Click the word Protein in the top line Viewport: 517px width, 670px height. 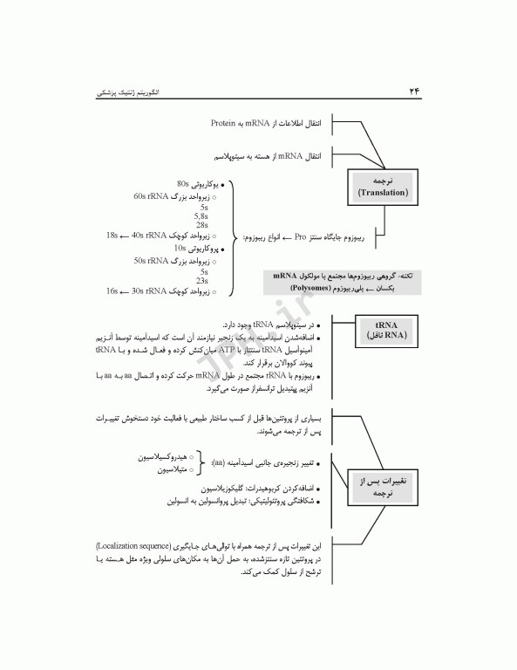click(x=225, y=123)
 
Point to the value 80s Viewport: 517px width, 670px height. click(x=183, y=185)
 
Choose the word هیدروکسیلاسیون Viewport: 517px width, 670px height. click(x=165, y=457)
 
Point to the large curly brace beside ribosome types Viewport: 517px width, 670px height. click(x=234, y=237)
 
